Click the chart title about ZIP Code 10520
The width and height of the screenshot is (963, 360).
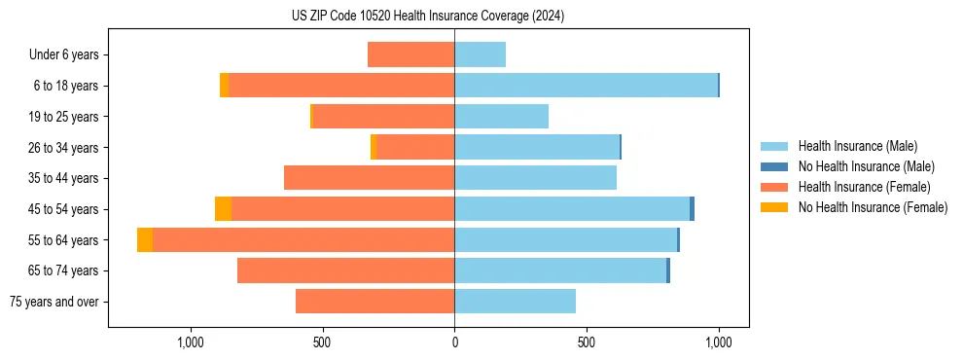pos(427,17)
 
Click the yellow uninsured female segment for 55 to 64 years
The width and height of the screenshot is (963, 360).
pos(145,239)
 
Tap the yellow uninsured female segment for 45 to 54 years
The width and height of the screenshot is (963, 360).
pos(223,209)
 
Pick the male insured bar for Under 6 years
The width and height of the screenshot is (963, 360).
pos(480,54)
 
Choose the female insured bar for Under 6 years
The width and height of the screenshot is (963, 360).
pos(410,54)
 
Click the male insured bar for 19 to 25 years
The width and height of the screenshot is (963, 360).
pos(501,117)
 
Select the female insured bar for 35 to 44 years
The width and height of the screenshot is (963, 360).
pos(369,178)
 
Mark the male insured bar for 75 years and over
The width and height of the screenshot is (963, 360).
pos(515,302)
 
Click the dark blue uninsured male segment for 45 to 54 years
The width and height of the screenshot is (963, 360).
pos(692,209)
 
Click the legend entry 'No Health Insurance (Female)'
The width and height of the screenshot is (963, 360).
pos(873,207)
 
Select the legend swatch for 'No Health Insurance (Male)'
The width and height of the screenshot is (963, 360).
pos(774,166)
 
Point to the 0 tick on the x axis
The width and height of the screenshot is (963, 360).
pos(454,342)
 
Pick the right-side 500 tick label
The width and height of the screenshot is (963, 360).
pos(587,342)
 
